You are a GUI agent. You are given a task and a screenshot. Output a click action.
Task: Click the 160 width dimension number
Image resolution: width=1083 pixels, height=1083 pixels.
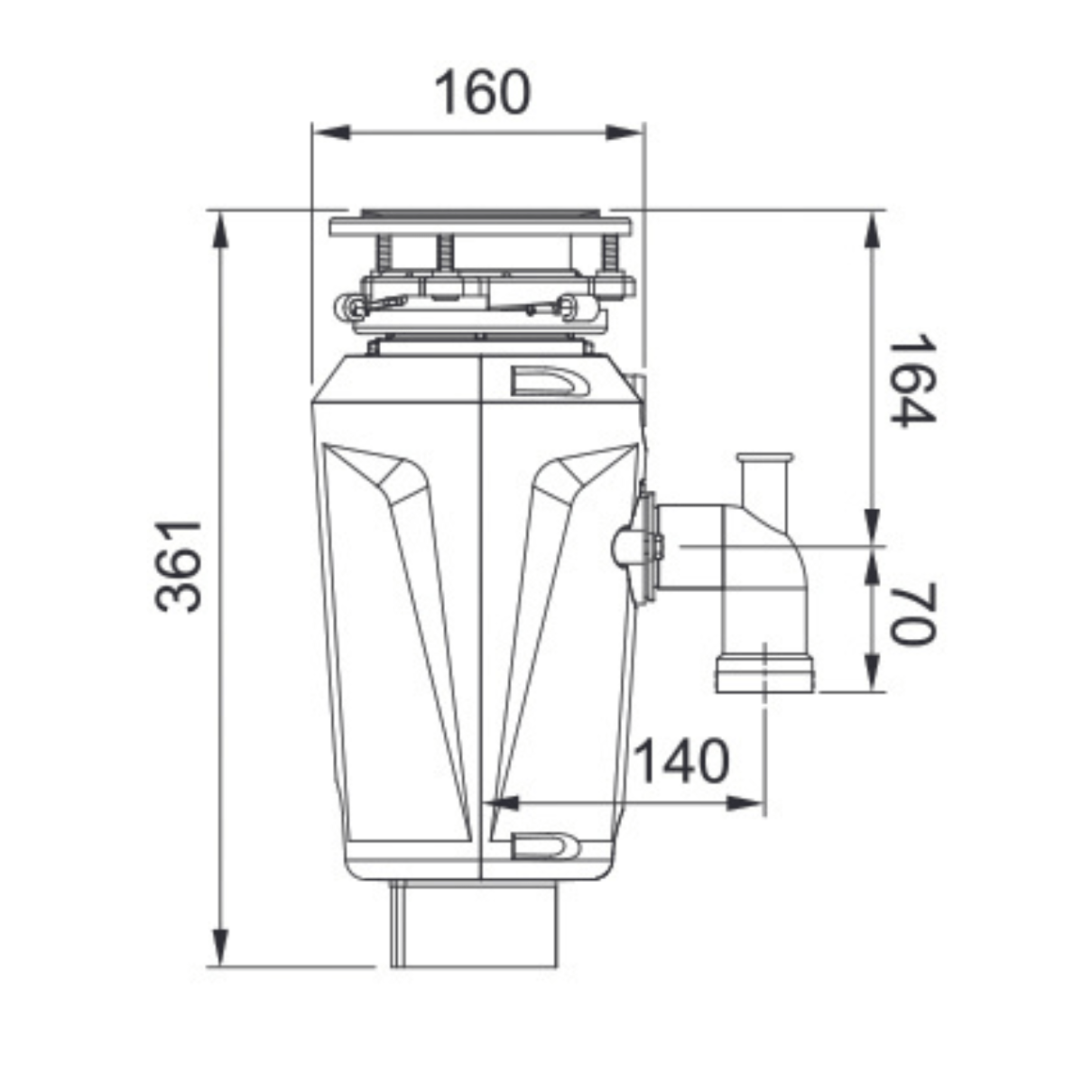483,93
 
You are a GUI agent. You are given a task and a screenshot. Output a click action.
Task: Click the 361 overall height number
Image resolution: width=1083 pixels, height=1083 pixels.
178,566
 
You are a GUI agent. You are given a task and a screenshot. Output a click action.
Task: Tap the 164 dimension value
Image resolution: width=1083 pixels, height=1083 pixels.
912,381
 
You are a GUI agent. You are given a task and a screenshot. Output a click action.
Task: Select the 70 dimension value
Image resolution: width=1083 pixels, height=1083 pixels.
912,615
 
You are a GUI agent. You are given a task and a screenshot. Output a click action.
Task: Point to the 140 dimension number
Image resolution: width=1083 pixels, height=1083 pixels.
681,761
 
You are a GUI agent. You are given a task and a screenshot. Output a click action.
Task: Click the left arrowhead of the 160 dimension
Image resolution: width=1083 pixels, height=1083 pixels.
331,134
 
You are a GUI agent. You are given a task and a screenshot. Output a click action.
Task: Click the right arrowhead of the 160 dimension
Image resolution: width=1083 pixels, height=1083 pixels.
624,134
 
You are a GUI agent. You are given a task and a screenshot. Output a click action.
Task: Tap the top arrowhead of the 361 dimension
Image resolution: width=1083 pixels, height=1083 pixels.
221,230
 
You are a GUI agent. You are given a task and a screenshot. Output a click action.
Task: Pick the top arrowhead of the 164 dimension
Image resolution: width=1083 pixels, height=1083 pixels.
872,230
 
